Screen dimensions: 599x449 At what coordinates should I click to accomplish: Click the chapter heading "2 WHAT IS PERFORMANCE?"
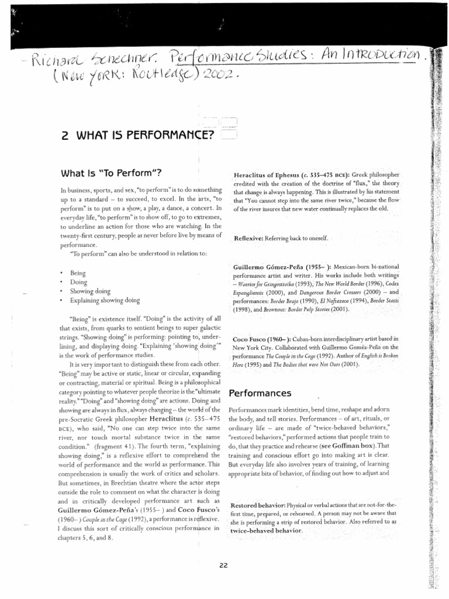coord(137,136)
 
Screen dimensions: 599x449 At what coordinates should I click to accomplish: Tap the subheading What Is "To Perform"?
coord(110,173)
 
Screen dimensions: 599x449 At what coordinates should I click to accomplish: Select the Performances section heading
coord(260,393)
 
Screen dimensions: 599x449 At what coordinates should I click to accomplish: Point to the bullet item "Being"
coord(78,273)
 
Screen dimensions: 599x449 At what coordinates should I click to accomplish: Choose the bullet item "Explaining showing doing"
coord(105,300)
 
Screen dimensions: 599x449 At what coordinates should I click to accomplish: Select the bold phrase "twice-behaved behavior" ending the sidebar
coord(267,531)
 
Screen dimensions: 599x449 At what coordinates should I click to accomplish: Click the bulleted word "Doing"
coord(78,282)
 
